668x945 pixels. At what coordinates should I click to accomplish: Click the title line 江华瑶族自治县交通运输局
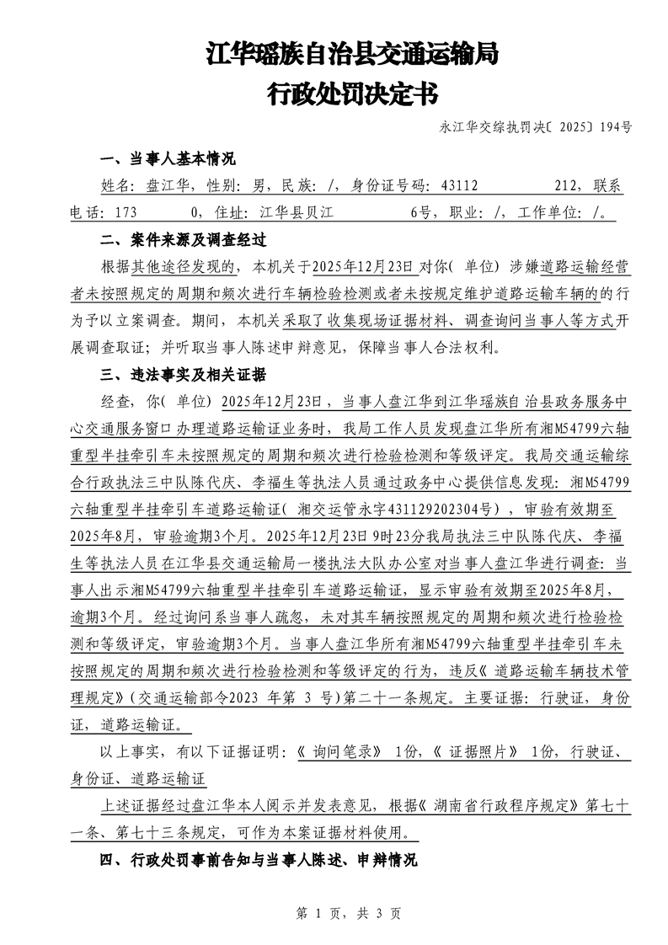[x=352, y=56]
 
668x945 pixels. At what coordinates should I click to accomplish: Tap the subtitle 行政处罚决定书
[x=352, y=93]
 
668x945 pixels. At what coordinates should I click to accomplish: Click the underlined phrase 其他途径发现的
[x=185, y=267]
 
